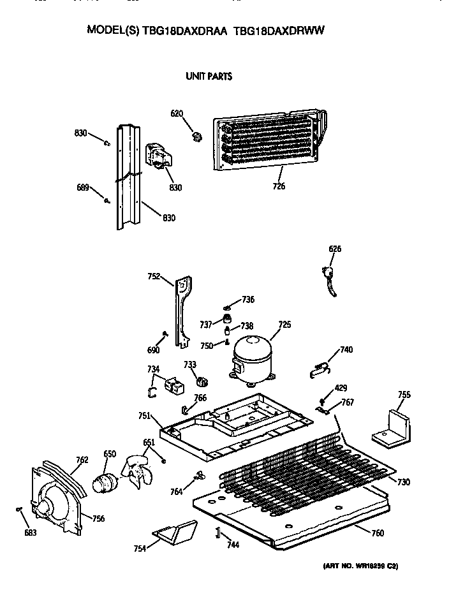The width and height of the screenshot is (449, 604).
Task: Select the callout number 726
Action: point(279,186)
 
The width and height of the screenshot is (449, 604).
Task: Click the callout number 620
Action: point(177,114)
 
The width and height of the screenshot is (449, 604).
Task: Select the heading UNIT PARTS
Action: point(208,77)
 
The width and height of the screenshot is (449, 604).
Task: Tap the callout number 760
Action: point(378,533)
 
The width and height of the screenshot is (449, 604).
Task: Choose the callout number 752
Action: point(153,277)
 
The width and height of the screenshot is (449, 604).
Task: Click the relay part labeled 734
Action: point(171,385)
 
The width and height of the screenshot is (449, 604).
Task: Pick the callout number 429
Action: point(342,388)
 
